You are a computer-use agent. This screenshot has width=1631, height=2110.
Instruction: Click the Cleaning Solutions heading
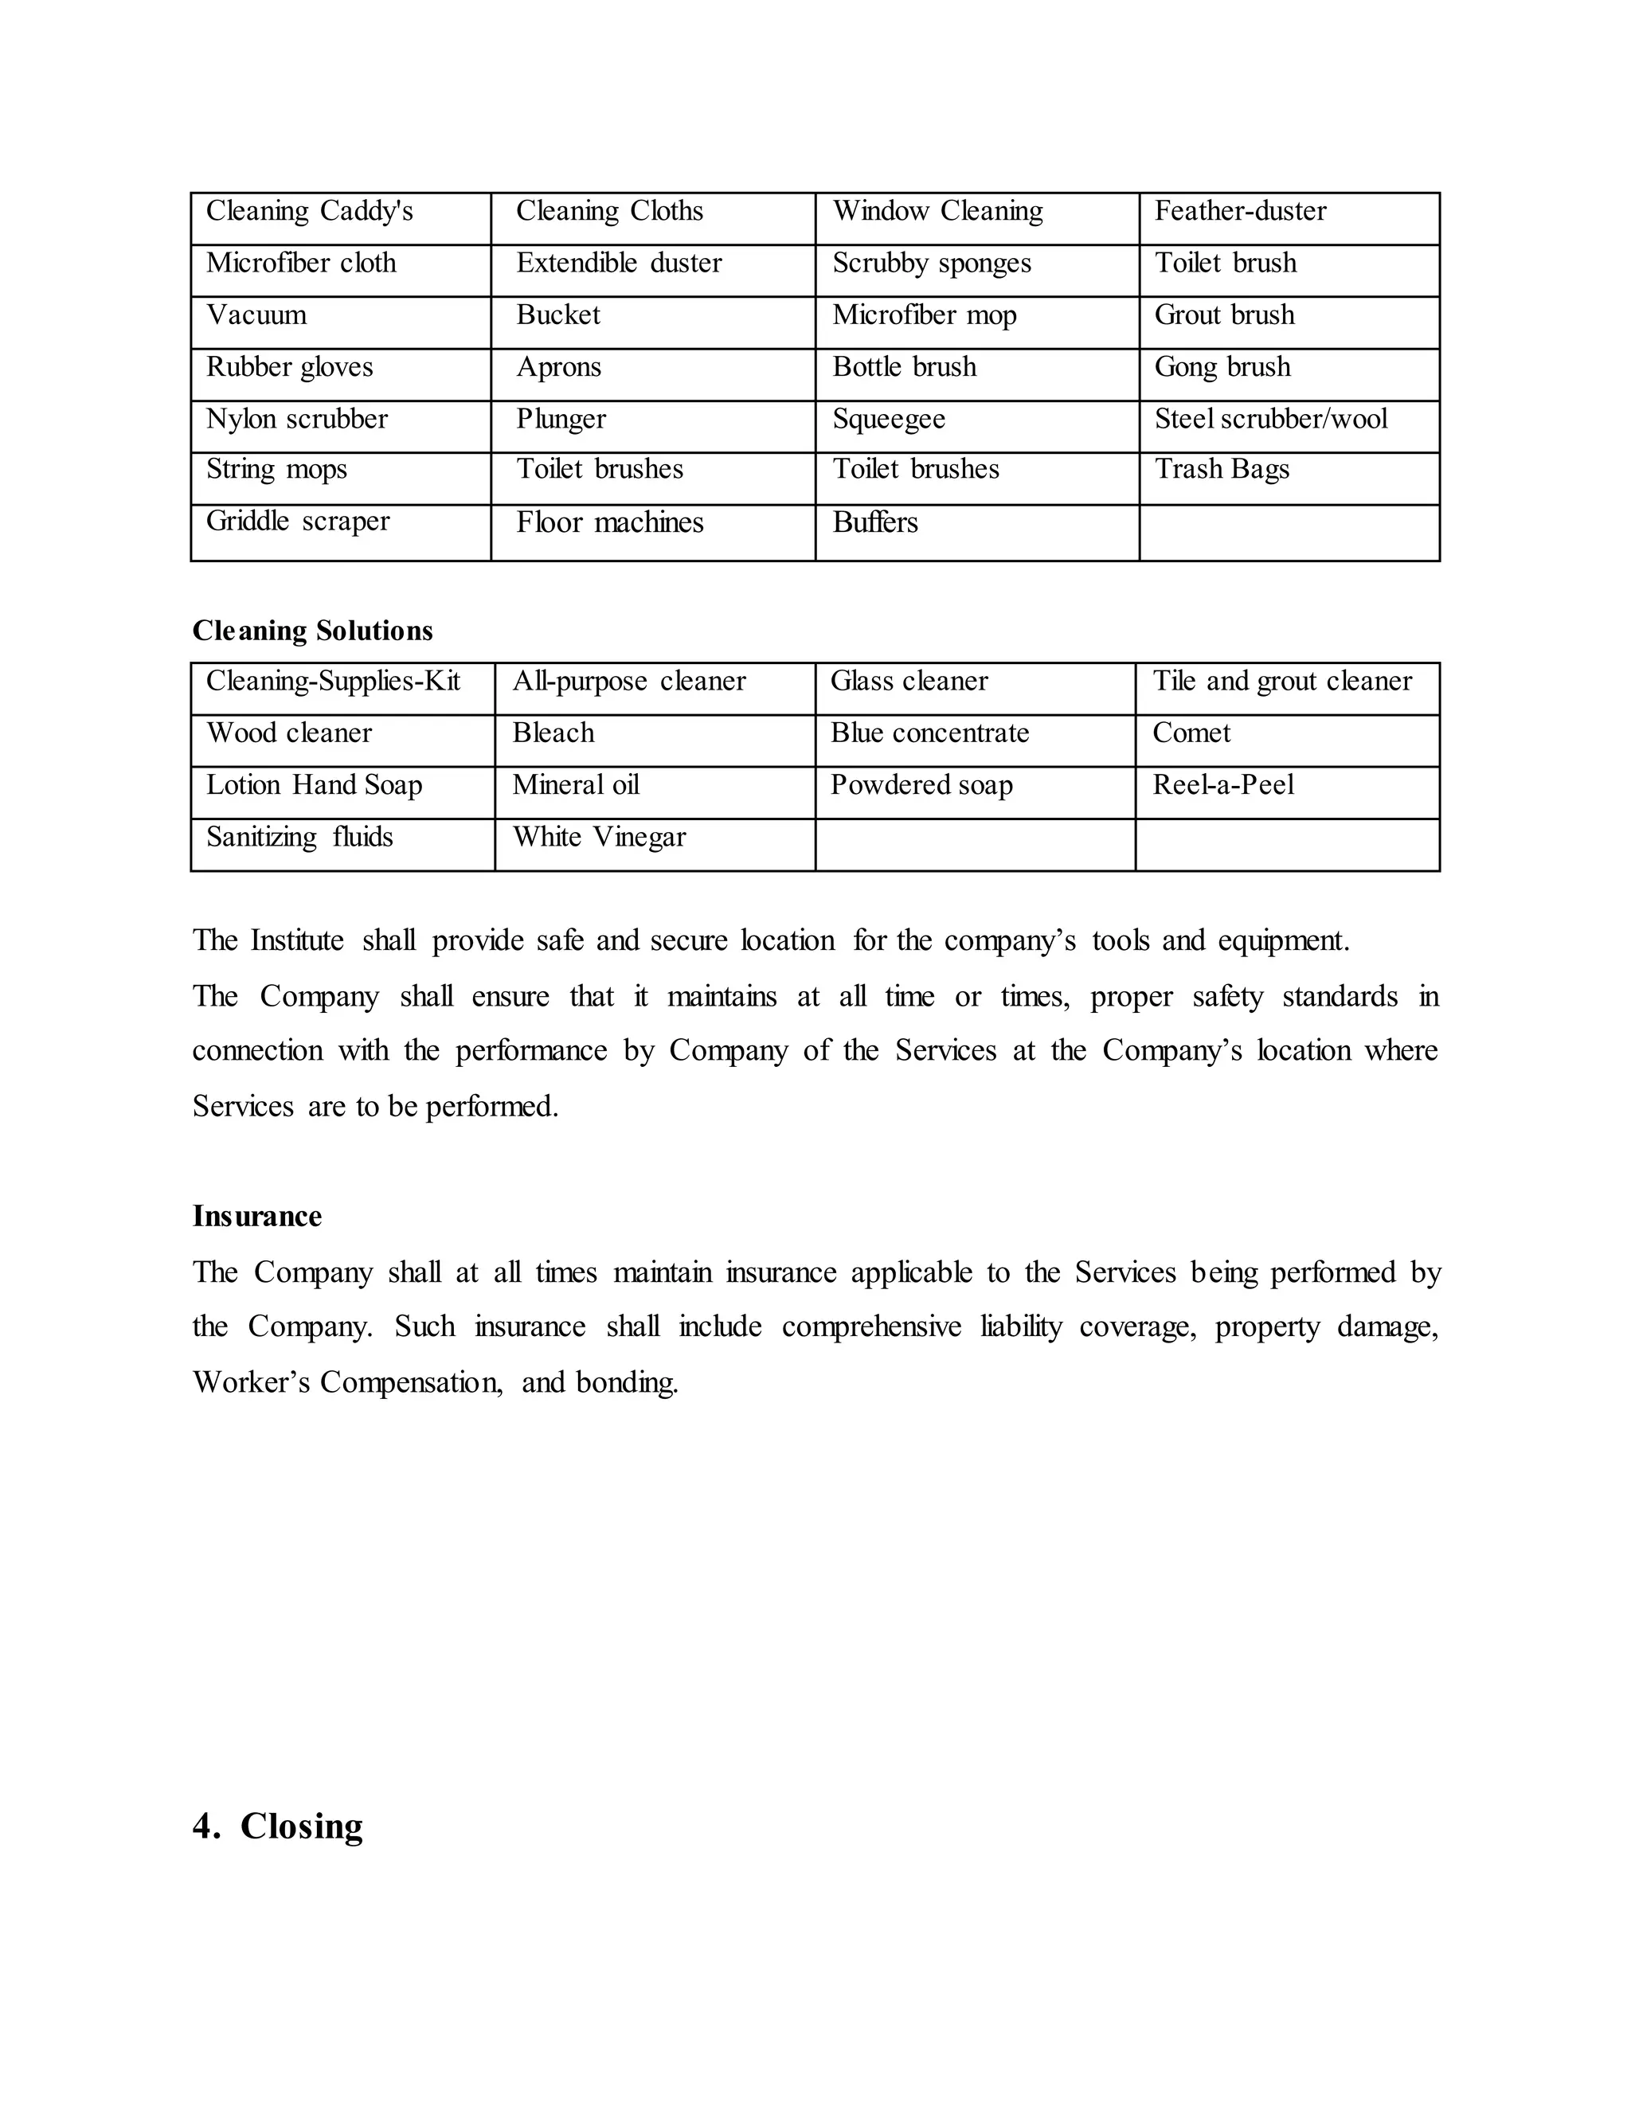[x=312, y=631]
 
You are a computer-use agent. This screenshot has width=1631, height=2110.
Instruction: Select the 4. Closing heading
[x=277, y=1826]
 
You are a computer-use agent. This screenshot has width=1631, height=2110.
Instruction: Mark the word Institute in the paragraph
[x=296, y=940]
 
